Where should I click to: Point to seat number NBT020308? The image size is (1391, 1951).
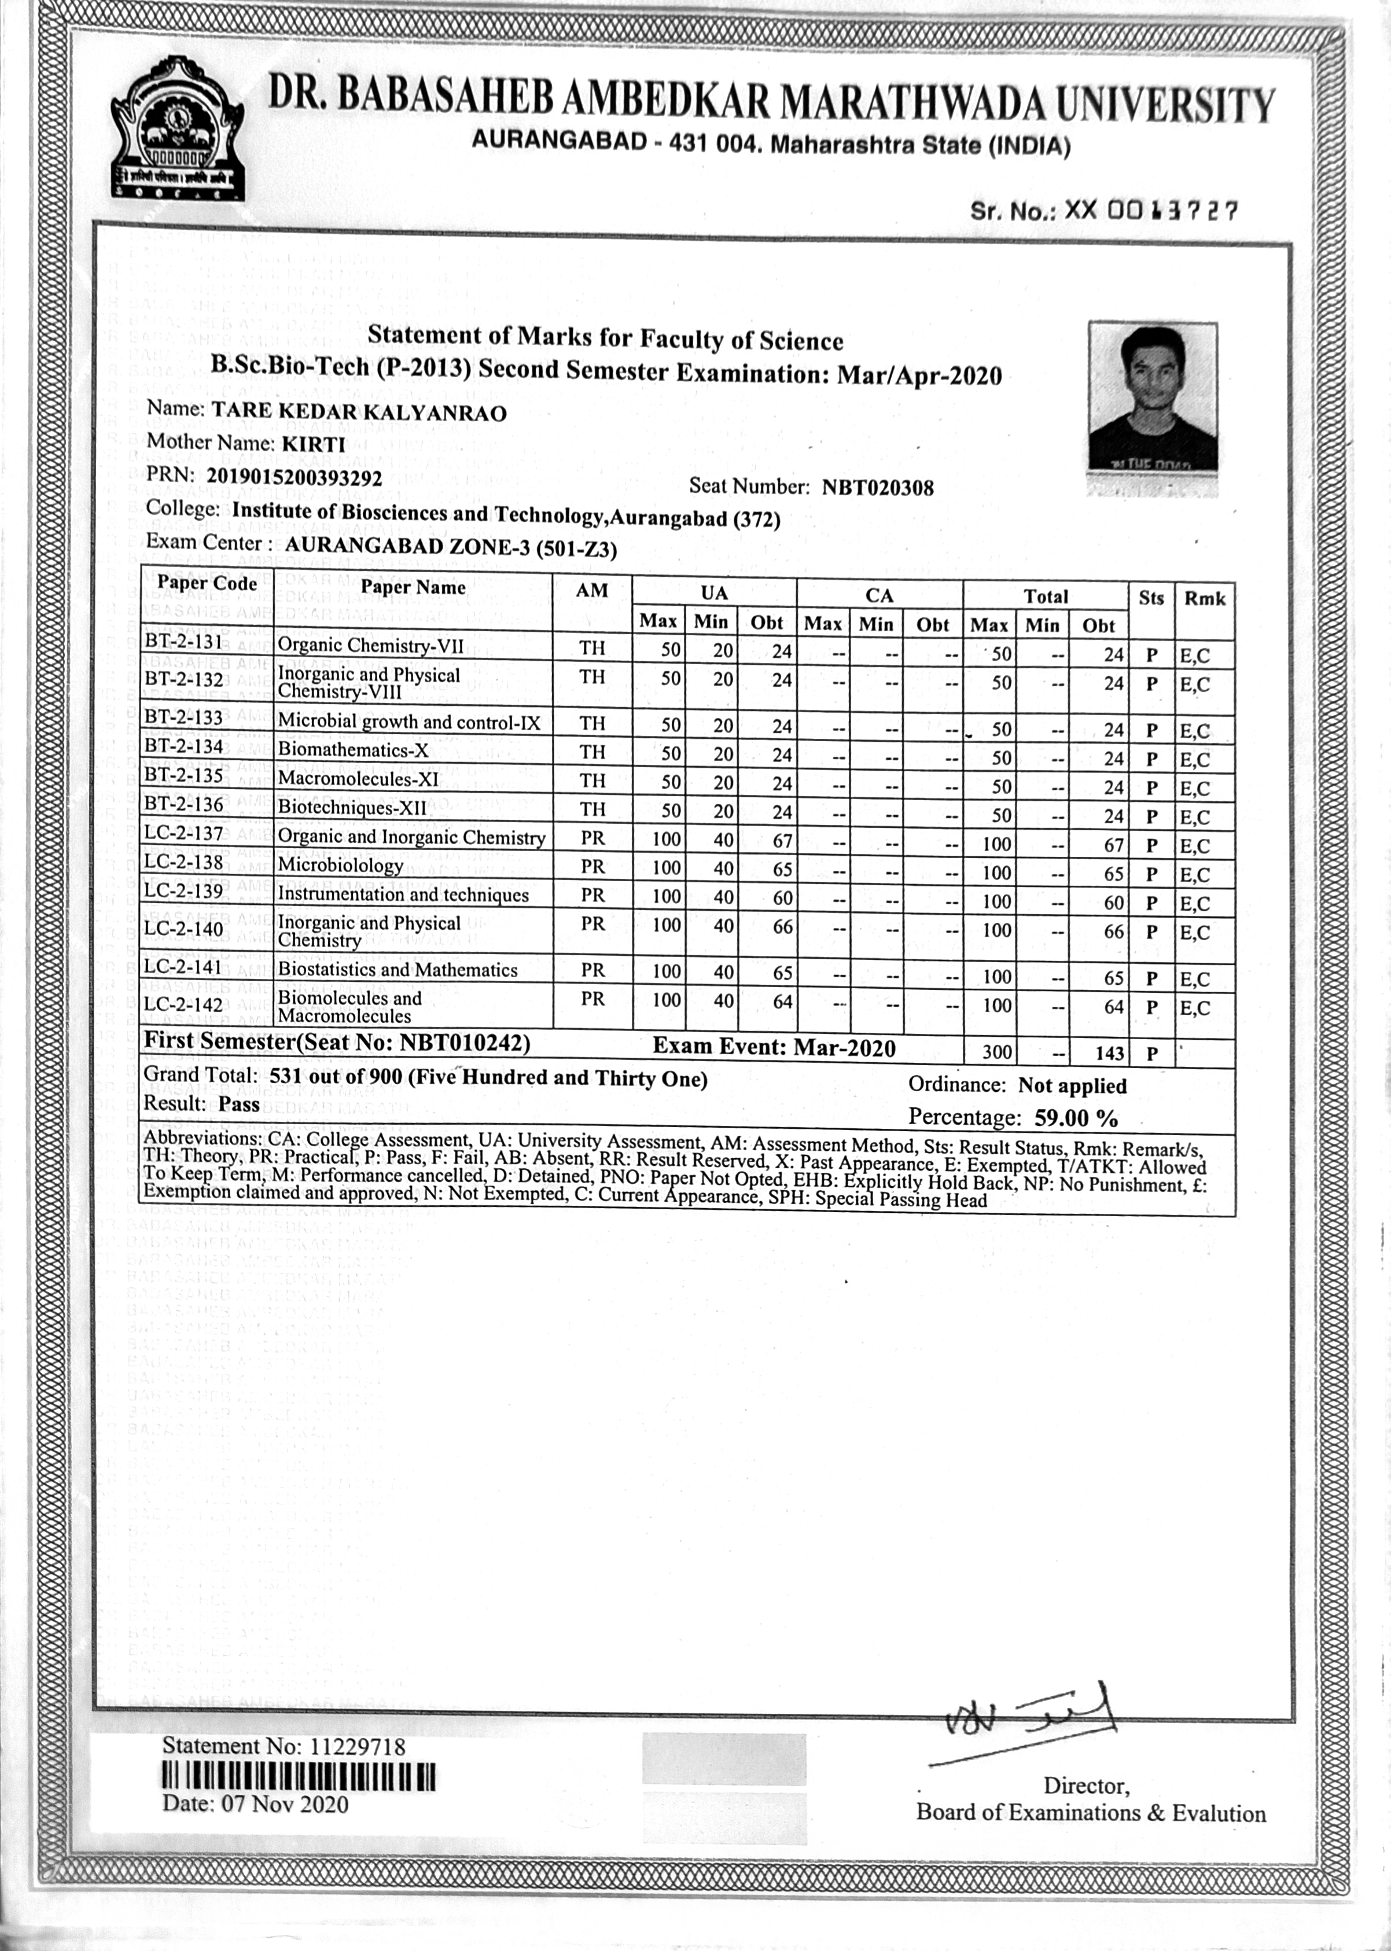[x=877, y=488]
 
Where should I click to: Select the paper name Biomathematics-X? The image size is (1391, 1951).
[x=353, y=750]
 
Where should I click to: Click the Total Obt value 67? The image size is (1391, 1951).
[x=1113, y=845]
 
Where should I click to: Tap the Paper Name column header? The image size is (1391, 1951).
[x=413, y=587]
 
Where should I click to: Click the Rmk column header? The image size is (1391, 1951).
[x=1204, y=599]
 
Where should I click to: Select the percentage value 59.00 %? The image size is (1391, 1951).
[x=1076, y=1118]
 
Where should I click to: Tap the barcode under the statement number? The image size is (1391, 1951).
[x=298, y=1779]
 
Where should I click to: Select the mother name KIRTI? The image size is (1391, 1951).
[x=314, y=444]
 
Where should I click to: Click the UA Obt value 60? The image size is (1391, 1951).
[x=782, y=899]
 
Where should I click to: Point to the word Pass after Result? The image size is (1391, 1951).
[x=238, y=1105]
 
